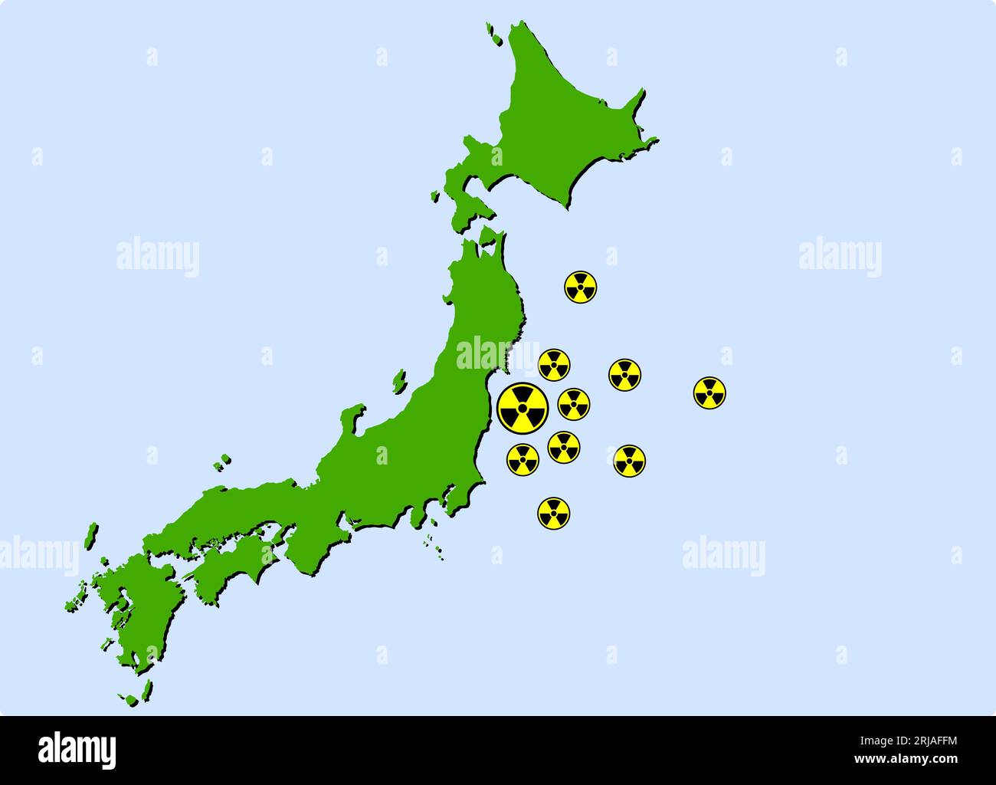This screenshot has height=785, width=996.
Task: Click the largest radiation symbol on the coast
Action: click(523, 407)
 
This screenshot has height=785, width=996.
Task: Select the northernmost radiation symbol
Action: click(581, 287)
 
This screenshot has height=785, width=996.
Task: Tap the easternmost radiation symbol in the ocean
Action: click(709, 392)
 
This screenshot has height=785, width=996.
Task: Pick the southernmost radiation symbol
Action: click(554, 513)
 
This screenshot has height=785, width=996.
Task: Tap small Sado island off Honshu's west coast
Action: click(398, 380)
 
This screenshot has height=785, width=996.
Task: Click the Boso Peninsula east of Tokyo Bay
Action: click(460, 498)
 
